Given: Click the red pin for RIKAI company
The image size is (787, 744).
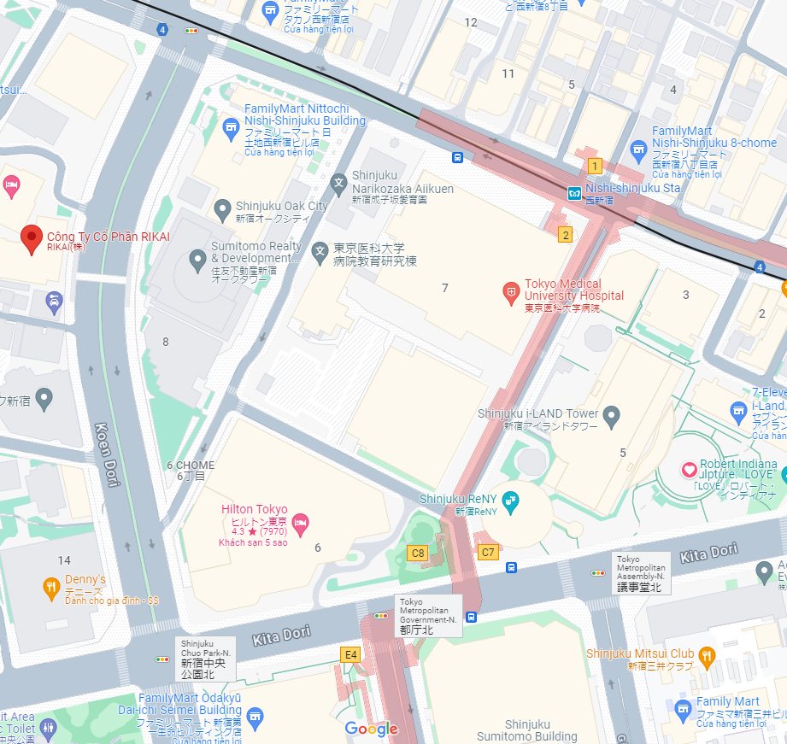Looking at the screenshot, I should click(32, 239).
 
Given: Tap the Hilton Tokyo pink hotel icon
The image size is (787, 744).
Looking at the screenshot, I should click(300, 521).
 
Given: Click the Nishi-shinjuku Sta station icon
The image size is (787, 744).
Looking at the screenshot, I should click(575, 193).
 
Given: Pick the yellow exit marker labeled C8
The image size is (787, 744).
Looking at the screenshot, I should click(417, 553).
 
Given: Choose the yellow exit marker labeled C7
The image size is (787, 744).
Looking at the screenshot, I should click(488, 552).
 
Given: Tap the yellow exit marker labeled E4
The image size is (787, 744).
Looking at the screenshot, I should click(349, 655).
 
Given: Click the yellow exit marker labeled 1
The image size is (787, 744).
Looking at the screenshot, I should click(595, 166).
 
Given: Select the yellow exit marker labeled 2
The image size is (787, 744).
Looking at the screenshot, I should click(565, 234).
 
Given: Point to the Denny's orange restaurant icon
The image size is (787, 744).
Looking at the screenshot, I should click(51, 587).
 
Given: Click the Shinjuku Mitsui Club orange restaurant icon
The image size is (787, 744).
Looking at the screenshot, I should click(707, 657).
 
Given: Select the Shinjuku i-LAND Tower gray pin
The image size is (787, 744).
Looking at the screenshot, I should click(610, 418).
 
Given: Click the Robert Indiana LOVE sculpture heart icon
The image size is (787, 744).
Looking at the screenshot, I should click(689, 470).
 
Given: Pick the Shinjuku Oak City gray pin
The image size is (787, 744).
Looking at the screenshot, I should click(222, 208).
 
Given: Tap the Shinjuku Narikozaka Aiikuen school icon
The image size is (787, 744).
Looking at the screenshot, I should click(339, 183).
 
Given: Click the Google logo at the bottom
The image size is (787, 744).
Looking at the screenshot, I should click(371, 729).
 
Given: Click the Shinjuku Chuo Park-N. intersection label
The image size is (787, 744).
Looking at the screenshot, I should click(205, 658).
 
